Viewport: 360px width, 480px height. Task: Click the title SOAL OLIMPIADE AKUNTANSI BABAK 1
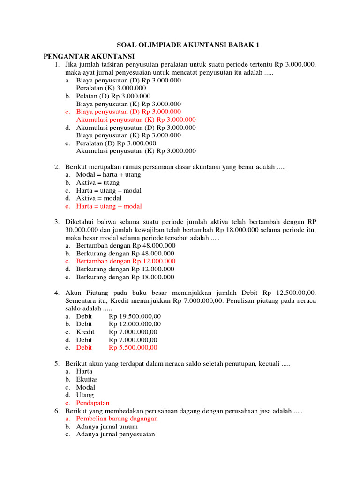pyautogui.click(x=180, y=45)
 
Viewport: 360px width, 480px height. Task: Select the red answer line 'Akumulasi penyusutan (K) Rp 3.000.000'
pyautogui.click(x=136, y=120)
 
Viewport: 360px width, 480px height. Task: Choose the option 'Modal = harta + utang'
pyautogui.click(x=108, y=174)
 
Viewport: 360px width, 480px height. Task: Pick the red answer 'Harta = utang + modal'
pyautogui.click(x=109, y=206)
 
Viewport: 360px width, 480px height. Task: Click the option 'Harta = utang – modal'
pyautogui.click(x=109, y=190)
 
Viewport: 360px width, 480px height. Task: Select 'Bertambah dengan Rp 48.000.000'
pyautogui.click(x=126, y=245)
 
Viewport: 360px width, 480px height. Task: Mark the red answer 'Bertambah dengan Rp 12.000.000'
pyautogui.click(x=126, y=261)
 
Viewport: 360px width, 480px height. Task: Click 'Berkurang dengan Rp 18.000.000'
pyautogui.click(x=125, y=277)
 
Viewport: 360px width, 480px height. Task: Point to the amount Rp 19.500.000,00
pyautogui.click(x=135, y=316)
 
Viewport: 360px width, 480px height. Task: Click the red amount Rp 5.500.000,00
pyautogui.click(x=133, y=348)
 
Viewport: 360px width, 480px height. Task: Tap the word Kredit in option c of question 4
pyautogui.click(x=85, y=332)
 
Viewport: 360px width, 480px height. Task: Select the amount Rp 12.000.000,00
pyautogui.click(x=135, y=324)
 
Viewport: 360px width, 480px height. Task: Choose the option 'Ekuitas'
pyautogui.click(x=87, y=379)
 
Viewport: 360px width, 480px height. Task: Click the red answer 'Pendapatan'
pyautogui.click(x=93, y=403)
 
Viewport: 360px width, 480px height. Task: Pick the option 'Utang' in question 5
pyautogui.click(x=85, y=395)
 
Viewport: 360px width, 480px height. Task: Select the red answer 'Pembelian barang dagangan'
pyautogui.click(x=117, y=419)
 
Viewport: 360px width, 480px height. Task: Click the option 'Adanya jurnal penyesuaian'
pyautogui.click(x=115, y=435)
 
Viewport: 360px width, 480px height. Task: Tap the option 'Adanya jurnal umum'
pyautogui.click(x=107, y=427)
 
